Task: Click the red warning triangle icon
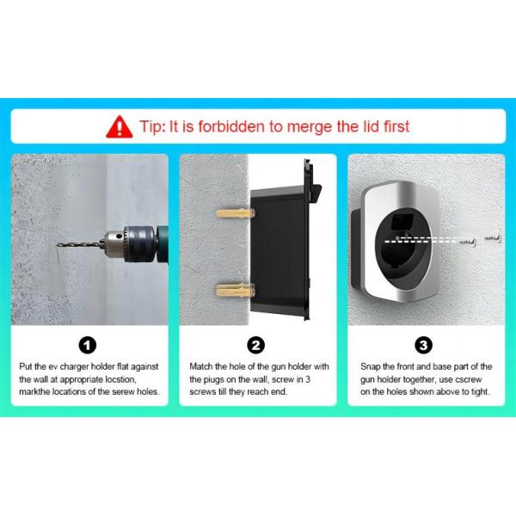point(120,127)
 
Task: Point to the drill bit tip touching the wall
point(58,244)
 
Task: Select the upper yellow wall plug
point(235,213)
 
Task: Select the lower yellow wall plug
point(235,291)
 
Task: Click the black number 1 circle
point(88,345)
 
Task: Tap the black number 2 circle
point(256,345)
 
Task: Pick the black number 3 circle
point(423,345)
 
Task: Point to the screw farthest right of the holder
point(492,237)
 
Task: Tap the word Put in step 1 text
point(25,366)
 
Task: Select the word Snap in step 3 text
point(371,366)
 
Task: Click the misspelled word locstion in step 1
point(120,379)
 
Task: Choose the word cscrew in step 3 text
point(469,379)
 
